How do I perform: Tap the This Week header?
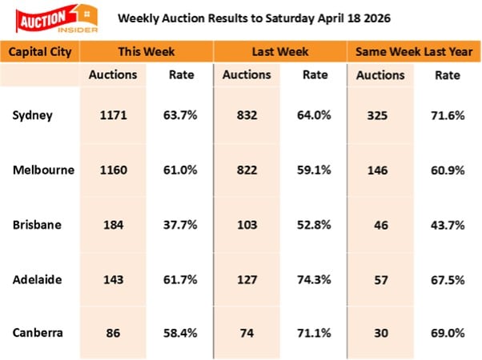tap(142, 51)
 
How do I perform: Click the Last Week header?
tap(279, 51)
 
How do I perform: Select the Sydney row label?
tap(33, 115)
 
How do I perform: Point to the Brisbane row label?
tap(37, 223)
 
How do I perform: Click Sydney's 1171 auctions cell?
tap(114, 115)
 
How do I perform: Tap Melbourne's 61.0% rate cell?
tap(181, 170)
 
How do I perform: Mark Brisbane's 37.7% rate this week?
tap(181, 223)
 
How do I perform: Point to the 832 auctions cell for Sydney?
tap(247, 115)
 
